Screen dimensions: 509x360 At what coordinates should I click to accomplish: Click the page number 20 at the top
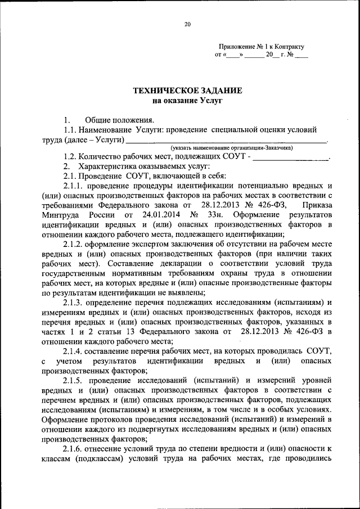pos(187,24)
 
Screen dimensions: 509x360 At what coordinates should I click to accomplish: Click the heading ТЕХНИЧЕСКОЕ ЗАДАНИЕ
pos(187,91)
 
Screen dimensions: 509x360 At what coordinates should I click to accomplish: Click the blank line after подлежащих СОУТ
pos(291,158)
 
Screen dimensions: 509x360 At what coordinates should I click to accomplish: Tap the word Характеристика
pos(105,166)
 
